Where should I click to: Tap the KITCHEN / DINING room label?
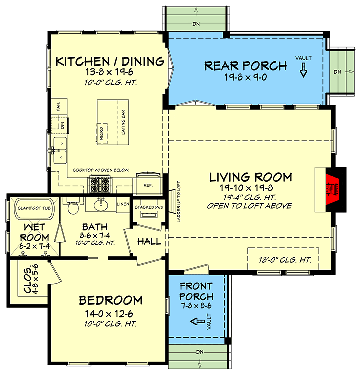point(110,62)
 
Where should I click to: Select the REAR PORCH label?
point(246,66)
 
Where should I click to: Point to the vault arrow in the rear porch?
point(303,73)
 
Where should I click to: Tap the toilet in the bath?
point(73,205)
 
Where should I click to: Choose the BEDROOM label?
point(111,300)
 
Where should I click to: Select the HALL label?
point(149,242)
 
